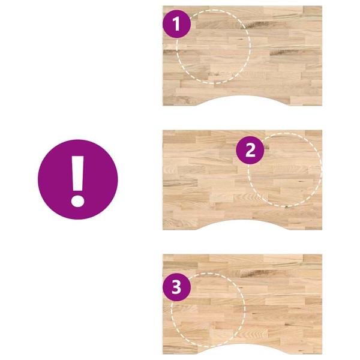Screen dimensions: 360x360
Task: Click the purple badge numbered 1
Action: point(176,24)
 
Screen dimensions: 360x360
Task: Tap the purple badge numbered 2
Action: point(250,150)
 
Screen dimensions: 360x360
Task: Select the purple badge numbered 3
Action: point(176,287)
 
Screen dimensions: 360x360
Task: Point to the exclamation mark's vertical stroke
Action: point(77,173)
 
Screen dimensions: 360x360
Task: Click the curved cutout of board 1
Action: point(242,96)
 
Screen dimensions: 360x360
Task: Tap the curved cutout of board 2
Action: point(242,220)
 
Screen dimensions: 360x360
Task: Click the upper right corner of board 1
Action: point(322,6)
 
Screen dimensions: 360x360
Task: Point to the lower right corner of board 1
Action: point(322,106)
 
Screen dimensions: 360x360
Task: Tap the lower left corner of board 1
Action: point(163,106)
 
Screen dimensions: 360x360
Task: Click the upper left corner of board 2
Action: point(163,130)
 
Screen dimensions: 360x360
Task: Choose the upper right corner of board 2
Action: point(322,130)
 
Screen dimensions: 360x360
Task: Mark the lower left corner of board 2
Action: point(163,230)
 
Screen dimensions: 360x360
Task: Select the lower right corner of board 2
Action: point(322,230)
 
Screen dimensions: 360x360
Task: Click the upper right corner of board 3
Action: point(322,254)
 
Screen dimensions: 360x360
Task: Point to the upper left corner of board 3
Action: point(163,254)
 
